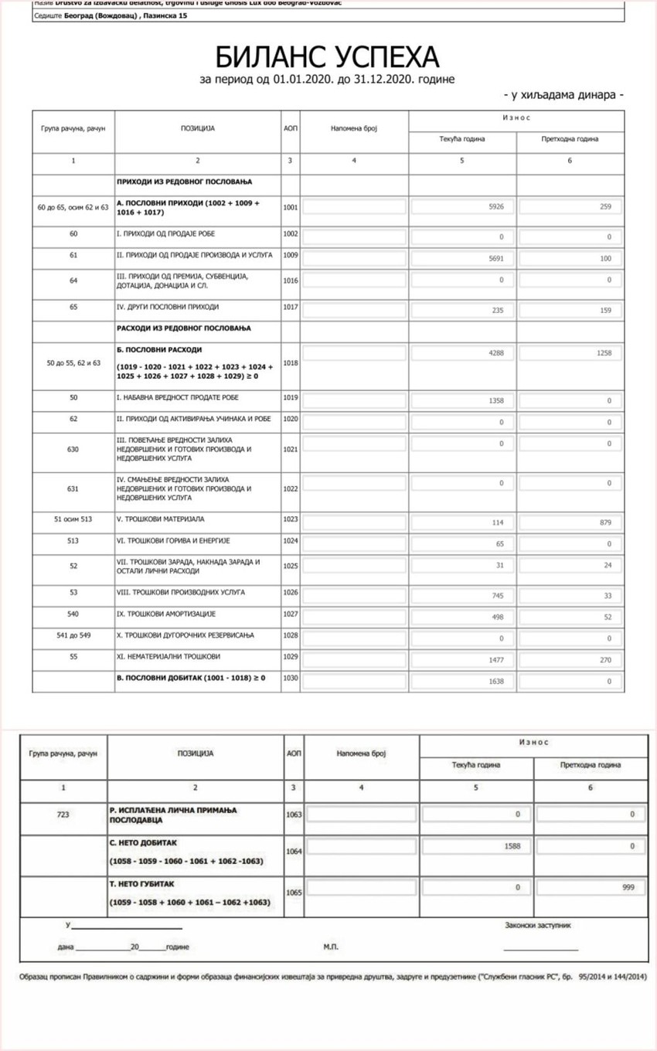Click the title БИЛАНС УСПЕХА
coord(327,57)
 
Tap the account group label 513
coord(73,541)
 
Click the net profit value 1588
coord(512,846)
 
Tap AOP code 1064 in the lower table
coord(294,851)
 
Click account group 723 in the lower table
coord(63,814)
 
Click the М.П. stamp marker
coord(331,947)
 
